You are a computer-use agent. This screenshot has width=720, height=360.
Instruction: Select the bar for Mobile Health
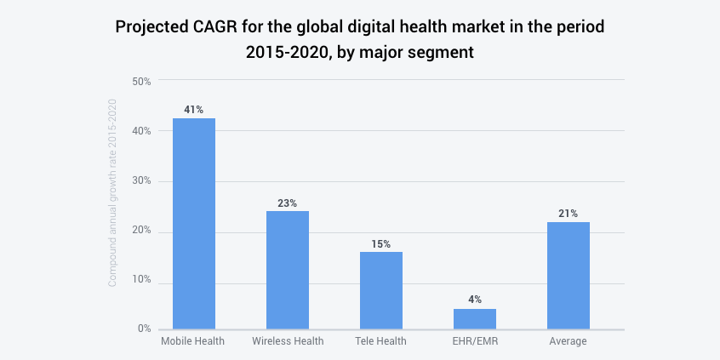(x=193, y=223)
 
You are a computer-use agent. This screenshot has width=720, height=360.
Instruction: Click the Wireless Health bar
(x=288, y=270)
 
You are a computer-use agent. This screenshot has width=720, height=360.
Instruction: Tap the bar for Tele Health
(x=380, y=290)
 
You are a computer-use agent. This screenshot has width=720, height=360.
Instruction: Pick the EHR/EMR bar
(x=474, y=318)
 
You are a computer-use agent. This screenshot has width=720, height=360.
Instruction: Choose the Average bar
(x=569, y=275)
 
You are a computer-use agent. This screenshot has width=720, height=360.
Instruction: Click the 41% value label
(x=193, y=110)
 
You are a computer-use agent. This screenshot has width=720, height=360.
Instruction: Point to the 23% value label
(x=288, y=203)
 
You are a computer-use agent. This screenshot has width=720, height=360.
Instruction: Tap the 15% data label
(x=380, y=243)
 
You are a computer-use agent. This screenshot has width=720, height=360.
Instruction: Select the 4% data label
(x=474, y=300)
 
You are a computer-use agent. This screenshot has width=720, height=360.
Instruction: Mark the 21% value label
(x=569, y=214)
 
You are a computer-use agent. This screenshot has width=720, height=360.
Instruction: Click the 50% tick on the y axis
(x=141, y=81)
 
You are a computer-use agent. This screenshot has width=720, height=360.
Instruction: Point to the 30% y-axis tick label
(x=141, y=180)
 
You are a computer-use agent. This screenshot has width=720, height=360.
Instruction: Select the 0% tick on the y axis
(x=144, y=329)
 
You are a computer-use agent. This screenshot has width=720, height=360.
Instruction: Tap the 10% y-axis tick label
(x=141, y=280)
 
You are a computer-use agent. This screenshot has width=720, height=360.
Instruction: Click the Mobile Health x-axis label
(x=193, y=341)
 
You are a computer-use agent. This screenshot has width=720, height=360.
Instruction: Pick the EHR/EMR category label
(x=474, y=341)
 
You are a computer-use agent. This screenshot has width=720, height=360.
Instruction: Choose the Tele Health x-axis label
(x=380, y=341)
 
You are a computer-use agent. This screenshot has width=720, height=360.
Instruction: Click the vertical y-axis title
(x=111, y=192)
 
